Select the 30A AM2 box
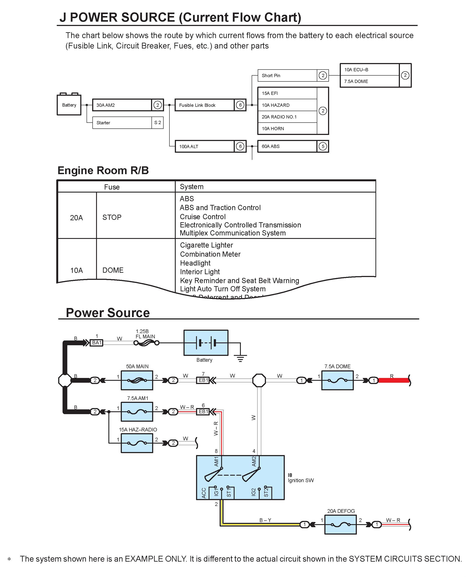[128, 105]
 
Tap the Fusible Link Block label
[197, 105]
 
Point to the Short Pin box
[293, 75]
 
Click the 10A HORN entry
[273, 128]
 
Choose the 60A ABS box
[293, 146]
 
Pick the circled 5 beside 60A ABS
[323, 146]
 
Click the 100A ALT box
[210, 146]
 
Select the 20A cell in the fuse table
[77, 218]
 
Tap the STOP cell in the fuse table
[112, 217]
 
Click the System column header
[192, 186]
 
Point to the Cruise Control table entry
[203, 217]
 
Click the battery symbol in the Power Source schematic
[206, 343]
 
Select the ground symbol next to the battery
[240, 358]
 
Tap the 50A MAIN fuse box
[137, 380]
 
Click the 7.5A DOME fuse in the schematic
[337, 380]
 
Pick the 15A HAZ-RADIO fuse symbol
[137, 443]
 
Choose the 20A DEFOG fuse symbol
[341, 525]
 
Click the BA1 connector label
[97, 343]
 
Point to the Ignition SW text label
[301, 480]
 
